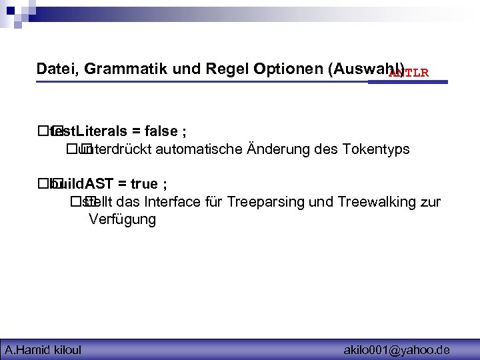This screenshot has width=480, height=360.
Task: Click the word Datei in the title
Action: (55, 69)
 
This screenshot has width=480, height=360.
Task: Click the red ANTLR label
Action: (409, 72)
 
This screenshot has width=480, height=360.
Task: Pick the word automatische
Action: (200, 149)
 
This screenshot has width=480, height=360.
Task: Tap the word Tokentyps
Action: (376, 149)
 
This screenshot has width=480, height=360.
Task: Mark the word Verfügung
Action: (122, 220)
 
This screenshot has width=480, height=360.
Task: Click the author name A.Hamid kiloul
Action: (43, 349)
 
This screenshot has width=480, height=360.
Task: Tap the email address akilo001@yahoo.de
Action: (397, 349)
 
